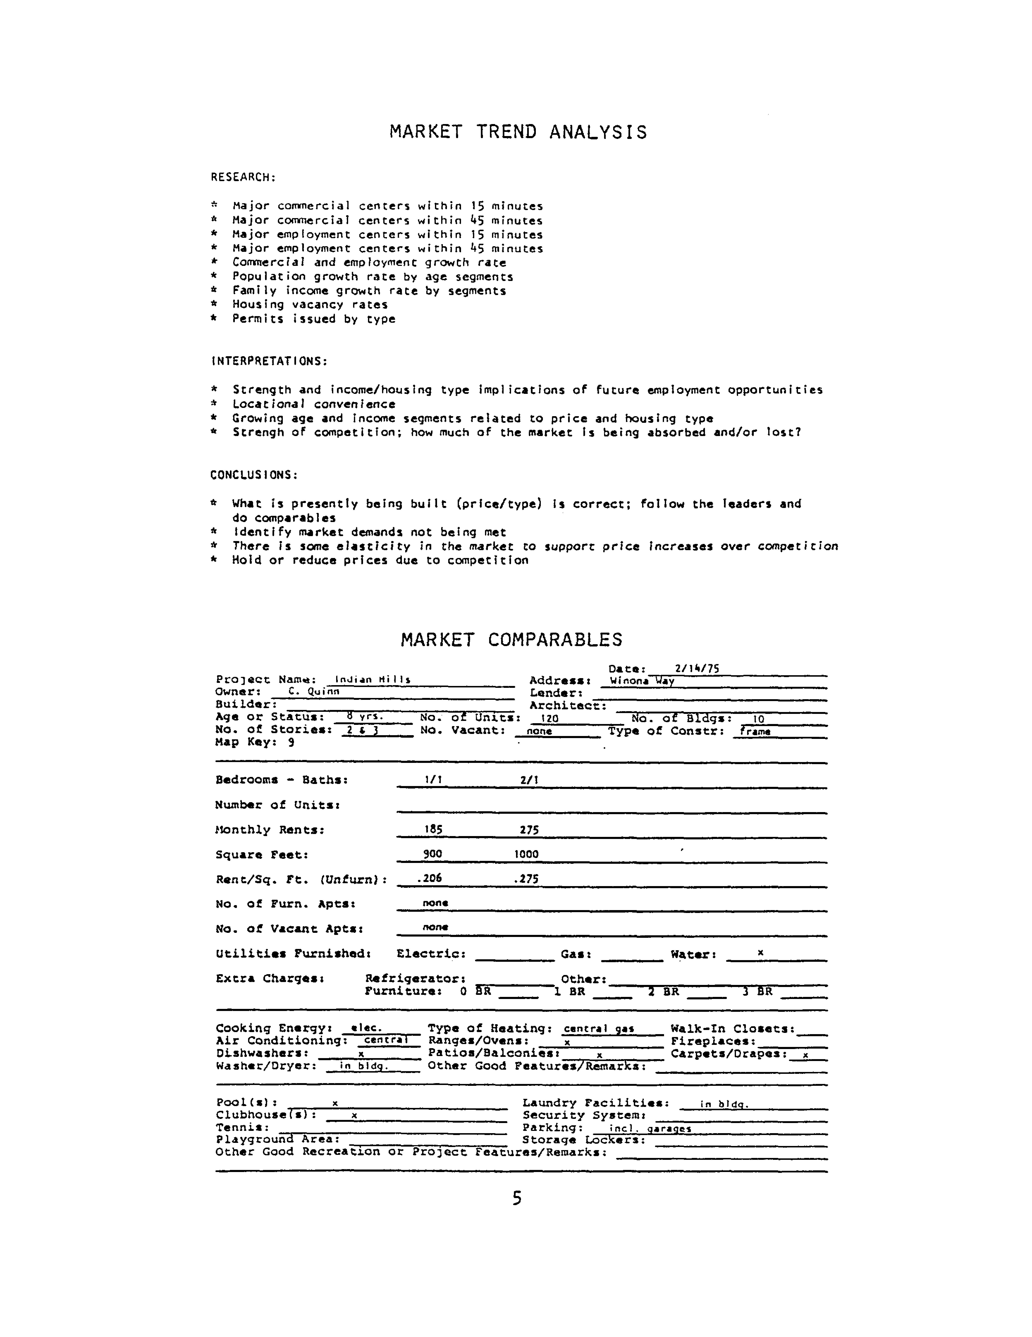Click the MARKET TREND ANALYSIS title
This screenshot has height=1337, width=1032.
pos(518,132)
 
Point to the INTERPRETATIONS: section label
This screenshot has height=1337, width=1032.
pos(269,361)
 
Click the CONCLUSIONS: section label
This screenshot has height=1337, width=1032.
pos(254,475)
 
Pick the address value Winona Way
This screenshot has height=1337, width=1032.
pos(641,681)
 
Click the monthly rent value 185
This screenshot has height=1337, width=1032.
pos(433,830)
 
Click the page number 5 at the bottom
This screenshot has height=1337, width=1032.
pos(517,1199)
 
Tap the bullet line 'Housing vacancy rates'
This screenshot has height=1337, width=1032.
pos(310,305)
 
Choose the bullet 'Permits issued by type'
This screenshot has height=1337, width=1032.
pos(313,319)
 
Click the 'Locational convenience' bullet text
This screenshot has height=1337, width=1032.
pos(313,404)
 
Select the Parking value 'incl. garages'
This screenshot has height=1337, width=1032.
pos(650,1128)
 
